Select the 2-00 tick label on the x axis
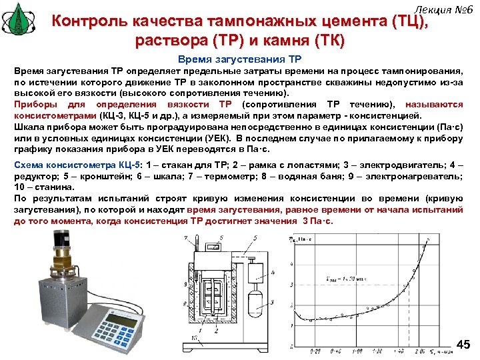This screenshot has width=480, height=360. click(x=419, y=351)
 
